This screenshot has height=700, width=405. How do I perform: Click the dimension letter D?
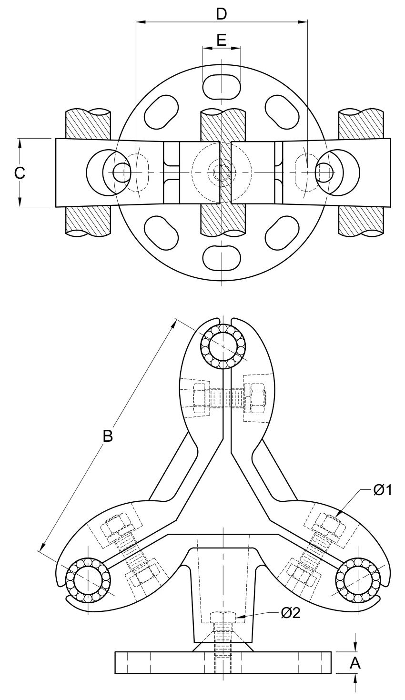221,14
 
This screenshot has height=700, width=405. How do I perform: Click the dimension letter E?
222,41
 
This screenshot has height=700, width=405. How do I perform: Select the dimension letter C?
20,173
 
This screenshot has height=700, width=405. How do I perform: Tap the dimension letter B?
108,436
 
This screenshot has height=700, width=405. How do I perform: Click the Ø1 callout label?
383,490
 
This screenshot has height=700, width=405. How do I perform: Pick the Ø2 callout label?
291,613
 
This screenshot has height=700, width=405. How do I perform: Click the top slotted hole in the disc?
222,87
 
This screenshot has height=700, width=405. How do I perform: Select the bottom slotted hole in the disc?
222,258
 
